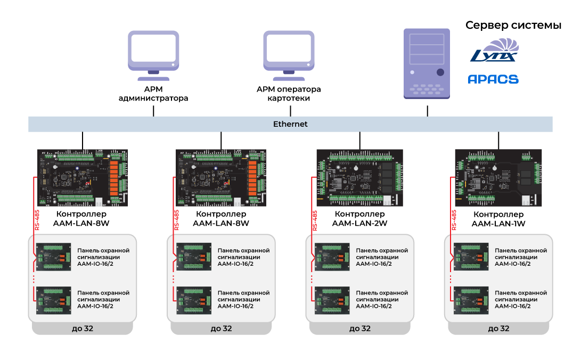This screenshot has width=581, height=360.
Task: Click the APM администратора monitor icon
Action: [153, 52]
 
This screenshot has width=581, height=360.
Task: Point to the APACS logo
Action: [493, 79]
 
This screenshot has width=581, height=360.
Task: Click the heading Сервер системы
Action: [513, 25]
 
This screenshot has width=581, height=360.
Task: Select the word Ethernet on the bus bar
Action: [290, 124]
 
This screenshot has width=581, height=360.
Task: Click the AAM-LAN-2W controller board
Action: [359, 177]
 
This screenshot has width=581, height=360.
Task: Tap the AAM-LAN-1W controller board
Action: [498, 177]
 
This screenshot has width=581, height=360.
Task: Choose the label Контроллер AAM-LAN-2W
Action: [359, 219]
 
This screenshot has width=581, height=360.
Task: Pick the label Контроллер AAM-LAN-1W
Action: [498, 219]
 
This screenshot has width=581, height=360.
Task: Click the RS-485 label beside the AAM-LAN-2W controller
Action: [314, 220]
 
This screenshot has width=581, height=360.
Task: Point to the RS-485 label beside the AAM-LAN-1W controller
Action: [454, 220]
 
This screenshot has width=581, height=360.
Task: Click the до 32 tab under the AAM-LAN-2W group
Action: [359, 329]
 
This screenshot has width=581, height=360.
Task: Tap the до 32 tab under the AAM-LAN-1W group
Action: [498, 329]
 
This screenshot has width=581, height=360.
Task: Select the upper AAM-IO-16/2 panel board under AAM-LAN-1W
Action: [471, 257]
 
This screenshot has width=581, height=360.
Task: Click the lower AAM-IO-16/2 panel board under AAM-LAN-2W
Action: [332, 300]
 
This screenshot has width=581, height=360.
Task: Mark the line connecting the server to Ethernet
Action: [427, 110]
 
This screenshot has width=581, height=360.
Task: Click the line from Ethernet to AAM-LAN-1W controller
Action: [498, 141]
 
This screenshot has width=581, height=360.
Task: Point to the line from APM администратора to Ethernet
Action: [153, 110]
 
